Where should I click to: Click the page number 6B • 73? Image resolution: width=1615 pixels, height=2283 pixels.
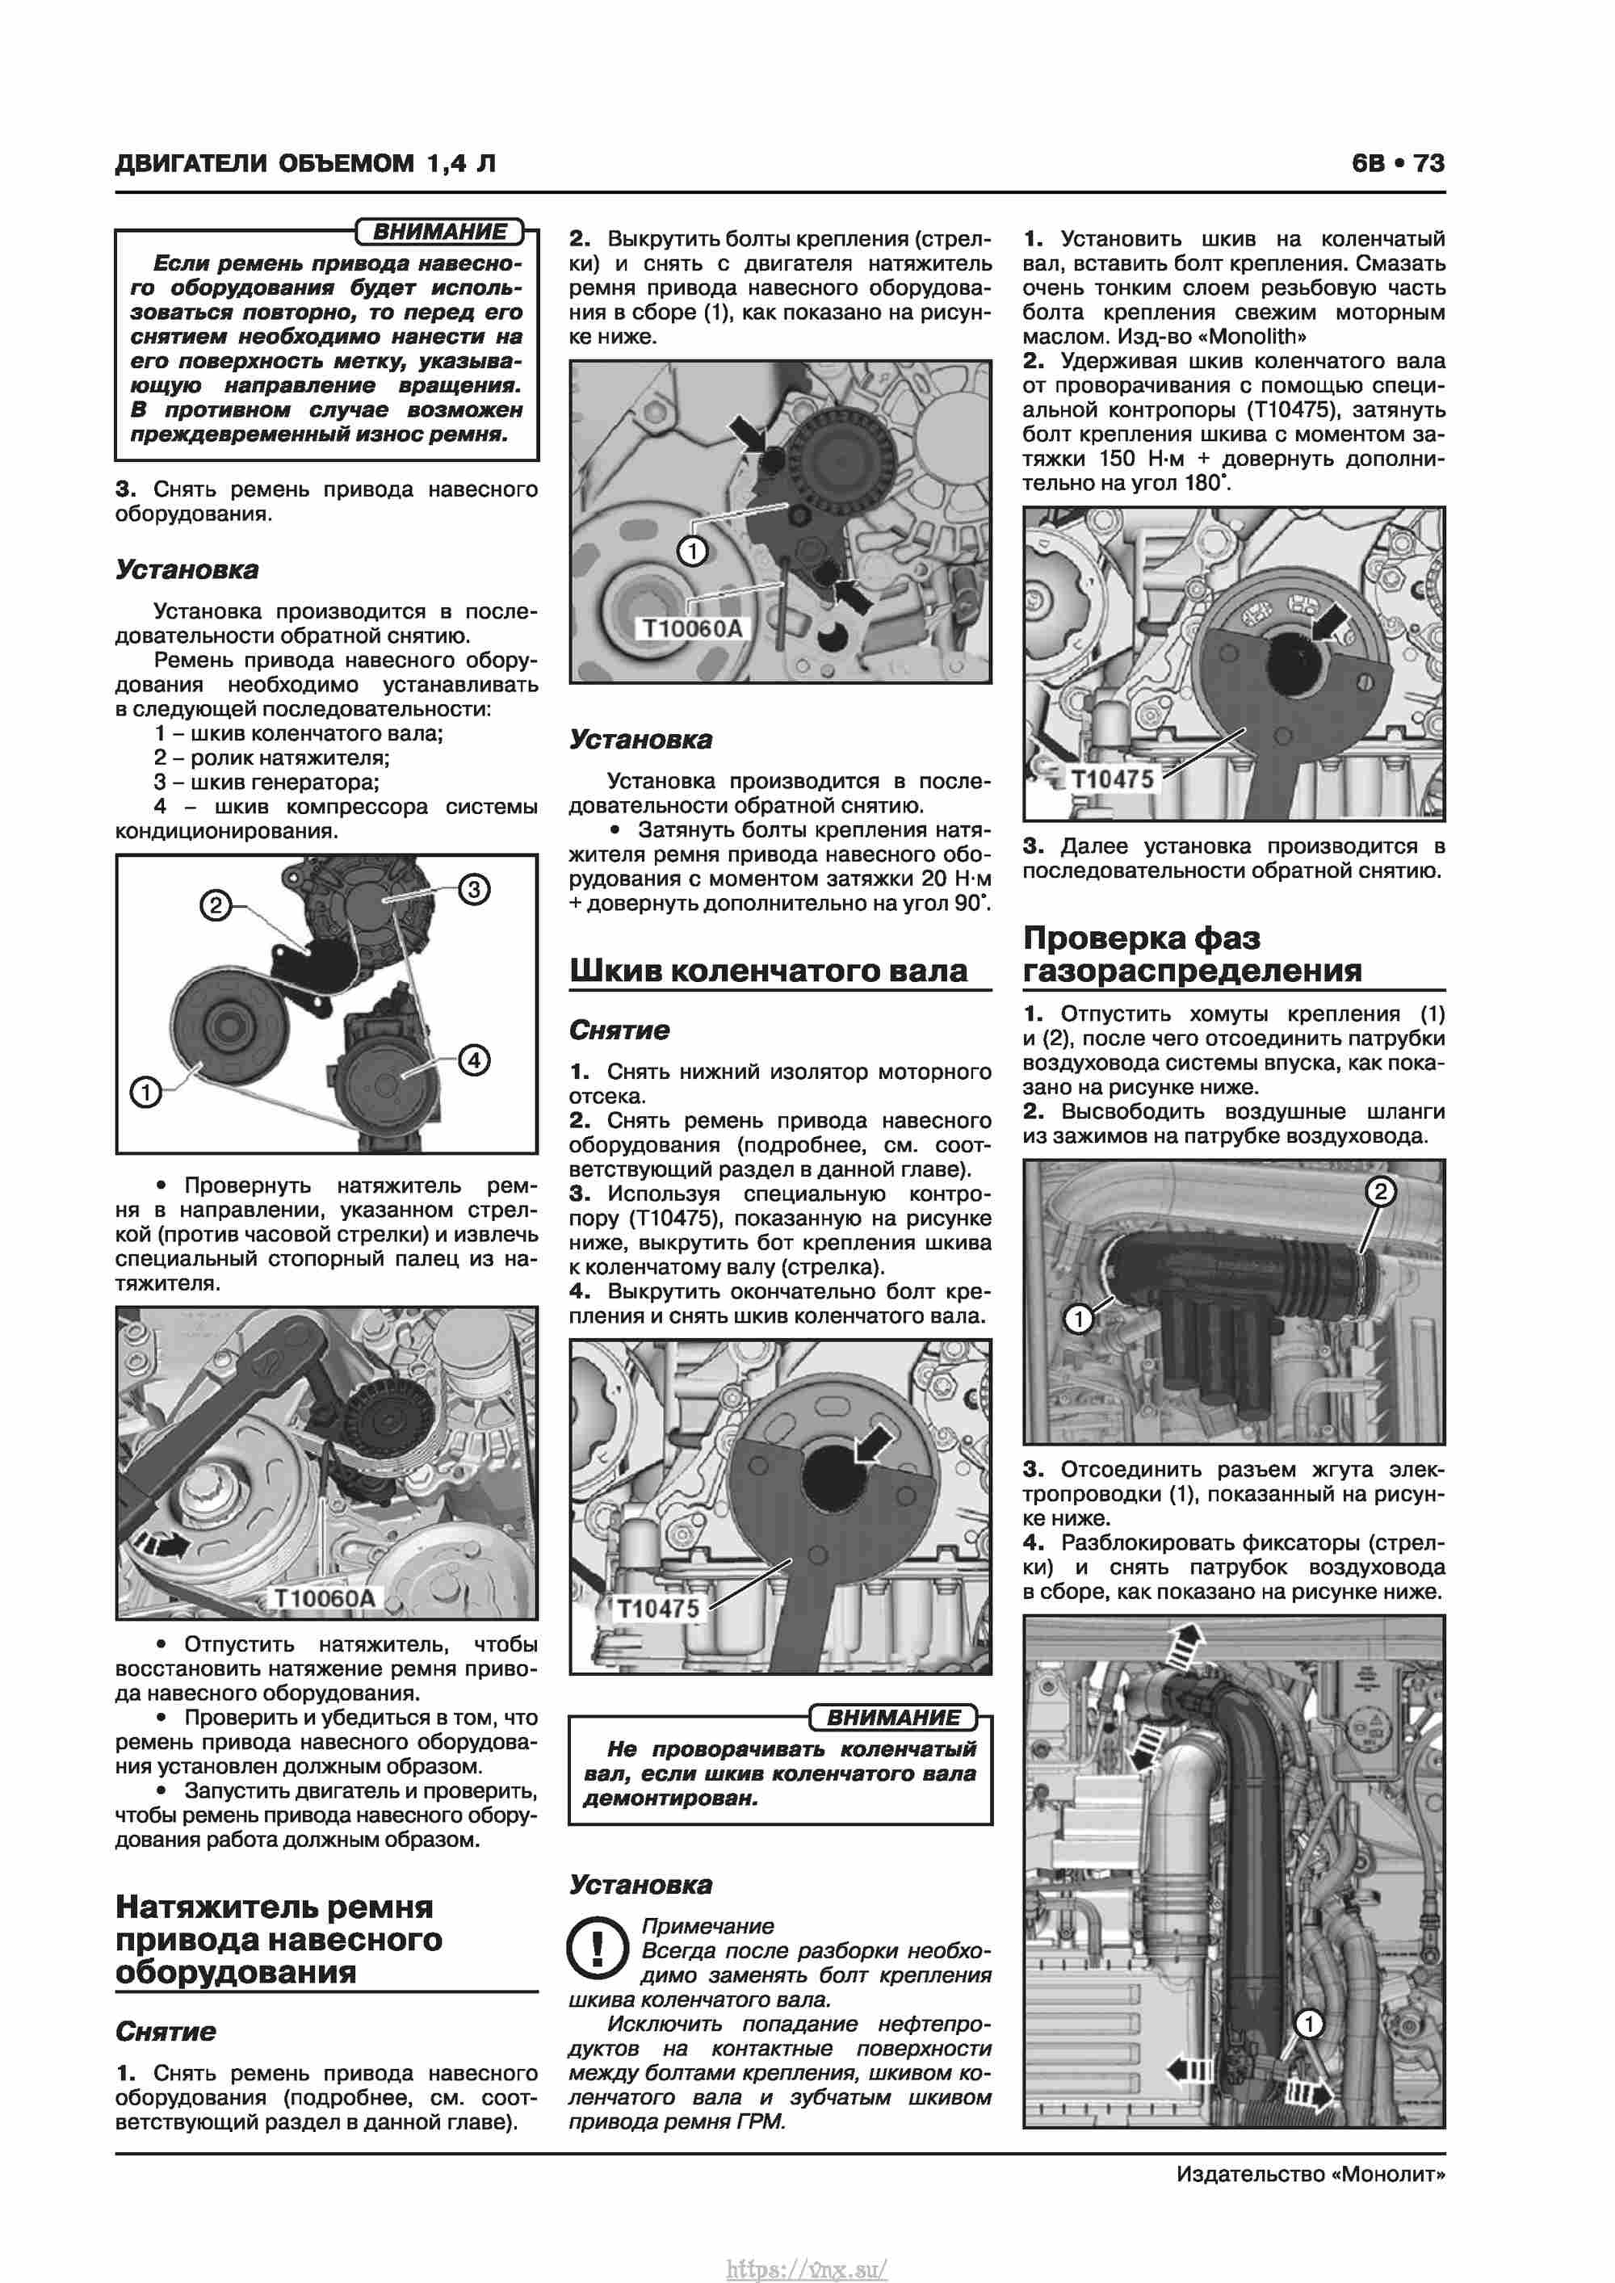[1397, 163]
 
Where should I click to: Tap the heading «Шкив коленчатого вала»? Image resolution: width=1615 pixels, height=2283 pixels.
[768, 971]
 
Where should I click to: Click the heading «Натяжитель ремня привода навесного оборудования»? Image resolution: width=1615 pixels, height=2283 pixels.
[279, 1939]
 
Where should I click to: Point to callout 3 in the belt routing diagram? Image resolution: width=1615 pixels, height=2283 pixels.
[473, 889]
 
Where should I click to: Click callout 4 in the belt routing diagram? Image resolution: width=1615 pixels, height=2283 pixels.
[473, 1060]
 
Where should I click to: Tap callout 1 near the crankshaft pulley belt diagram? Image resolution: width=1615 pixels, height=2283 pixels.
[146, 1093]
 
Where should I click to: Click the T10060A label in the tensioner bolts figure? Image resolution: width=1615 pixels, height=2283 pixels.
[692, 628]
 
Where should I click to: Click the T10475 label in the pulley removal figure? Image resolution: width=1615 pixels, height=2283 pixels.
[657, 1609]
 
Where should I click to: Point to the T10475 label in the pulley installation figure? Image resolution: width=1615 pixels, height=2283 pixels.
[1112, 778]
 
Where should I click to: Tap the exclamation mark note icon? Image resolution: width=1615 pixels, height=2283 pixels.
[597, 1948]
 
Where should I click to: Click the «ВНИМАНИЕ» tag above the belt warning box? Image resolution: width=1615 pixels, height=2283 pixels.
[439, 232]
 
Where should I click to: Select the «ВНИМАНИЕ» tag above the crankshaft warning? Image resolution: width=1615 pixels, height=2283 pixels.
[893, 1717]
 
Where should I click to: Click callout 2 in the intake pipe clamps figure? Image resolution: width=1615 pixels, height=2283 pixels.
[1379, 1191]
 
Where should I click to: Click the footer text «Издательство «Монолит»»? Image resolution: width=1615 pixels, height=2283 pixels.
[1310, 2175]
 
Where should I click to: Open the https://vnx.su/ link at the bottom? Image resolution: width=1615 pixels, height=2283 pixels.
[807, 2268]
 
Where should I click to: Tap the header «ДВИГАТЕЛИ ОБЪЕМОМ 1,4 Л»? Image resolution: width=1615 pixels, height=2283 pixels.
[305, 163]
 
